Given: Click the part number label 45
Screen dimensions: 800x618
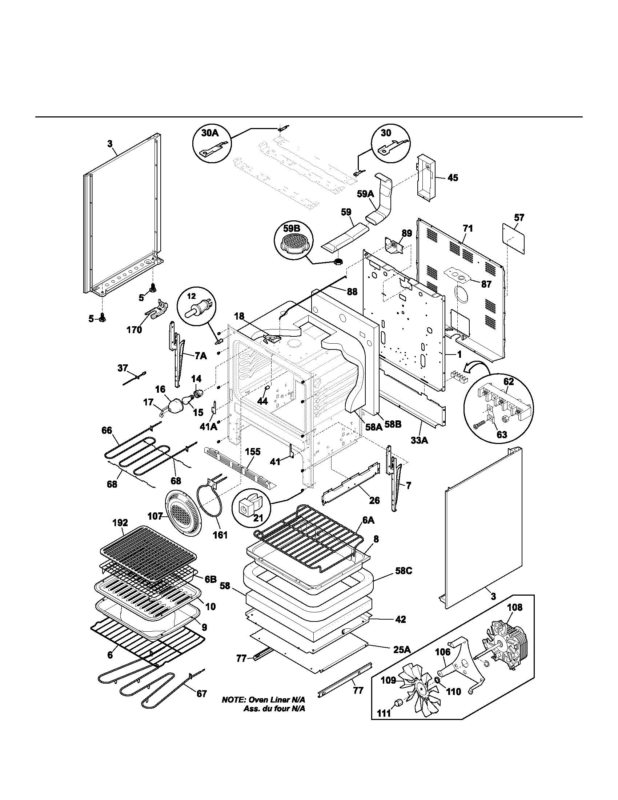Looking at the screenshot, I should [x=453, y=178].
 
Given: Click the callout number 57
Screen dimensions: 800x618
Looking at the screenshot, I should [x=519, y=217].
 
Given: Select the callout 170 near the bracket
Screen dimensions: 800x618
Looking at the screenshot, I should [x=134, y=330].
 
